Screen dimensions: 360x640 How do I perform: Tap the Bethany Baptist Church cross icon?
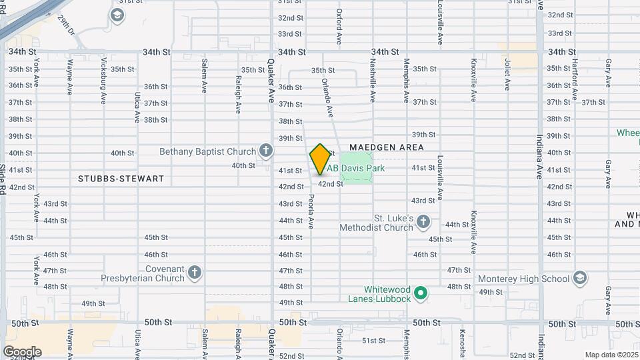(x=266, y=151)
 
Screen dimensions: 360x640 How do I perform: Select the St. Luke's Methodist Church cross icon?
(x=423, y=222)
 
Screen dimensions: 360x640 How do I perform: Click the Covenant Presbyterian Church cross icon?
(x=195, y=273)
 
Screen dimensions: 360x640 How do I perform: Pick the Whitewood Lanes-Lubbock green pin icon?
(x=420, y=293)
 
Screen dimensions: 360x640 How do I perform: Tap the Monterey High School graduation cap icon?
(x=579, y=279)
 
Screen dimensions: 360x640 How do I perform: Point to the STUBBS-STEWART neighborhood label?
(x=121, y=179)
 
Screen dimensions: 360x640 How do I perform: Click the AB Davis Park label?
(x=356, y=168)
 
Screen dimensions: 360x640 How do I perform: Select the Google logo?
(x=22, y=351)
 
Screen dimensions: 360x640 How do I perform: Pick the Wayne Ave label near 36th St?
(x=70, y=77)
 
